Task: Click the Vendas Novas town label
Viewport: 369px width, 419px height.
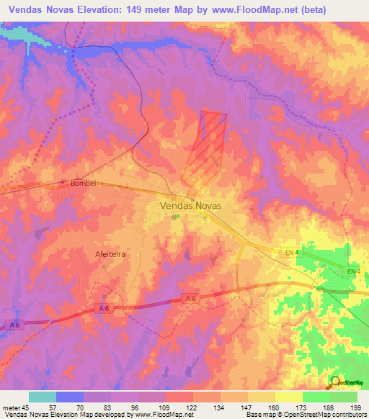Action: pyautogui.click(x=190, y=205)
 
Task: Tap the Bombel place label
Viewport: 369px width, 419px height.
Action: pyautogui.click(x=84, y=184)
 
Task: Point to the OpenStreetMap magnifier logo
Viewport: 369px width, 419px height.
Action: pyautogui.click(x=335, y=382)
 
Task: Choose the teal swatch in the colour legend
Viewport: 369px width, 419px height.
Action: pyautogui.click(x=42, y=397)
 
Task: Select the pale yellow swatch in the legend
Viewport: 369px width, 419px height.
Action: pyautogui.click(x=288, y=397)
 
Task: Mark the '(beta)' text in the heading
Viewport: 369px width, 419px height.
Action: pyautogui.click(x=293, y=10)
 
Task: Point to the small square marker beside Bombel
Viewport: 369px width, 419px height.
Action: pyautogui.click(x=63, y=183)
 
